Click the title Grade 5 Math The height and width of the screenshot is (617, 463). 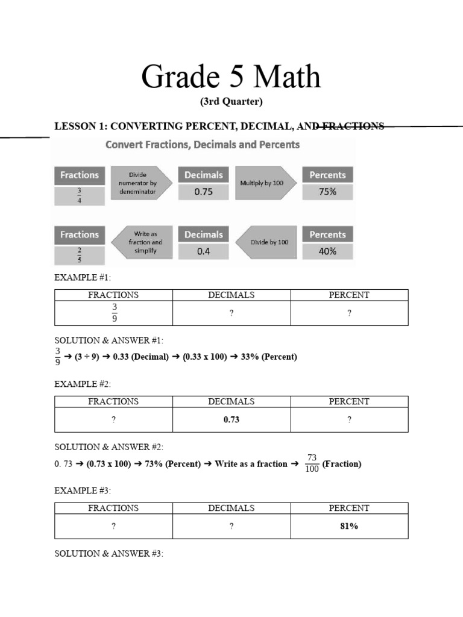[231, 78]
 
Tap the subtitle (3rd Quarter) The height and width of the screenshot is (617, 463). [231, 102]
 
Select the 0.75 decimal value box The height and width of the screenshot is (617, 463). [203, 192]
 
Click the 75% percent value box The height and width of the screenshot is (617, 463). [327, 192]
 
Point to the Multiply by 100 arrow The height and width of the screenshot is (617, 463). [265, 182]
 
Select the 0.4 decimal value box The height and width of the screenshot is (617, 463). [203, 252]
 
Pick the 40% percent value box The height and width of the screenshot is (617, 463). [327, 252]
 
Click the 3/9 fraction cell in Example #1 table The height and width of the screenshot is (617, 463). [113, 313]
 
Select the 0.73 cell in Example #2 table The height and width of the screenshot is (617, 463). [231, 419]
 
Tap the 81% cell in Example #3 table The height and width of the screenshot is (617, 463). [349, 526]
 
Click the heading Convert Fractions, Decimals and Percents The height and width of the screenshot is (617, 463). [203, 145]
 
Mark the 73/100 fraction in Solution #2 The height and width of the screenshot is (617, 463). [312, 463]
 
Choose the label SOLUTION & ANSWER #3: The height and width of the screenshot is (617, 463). [109, 553]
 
